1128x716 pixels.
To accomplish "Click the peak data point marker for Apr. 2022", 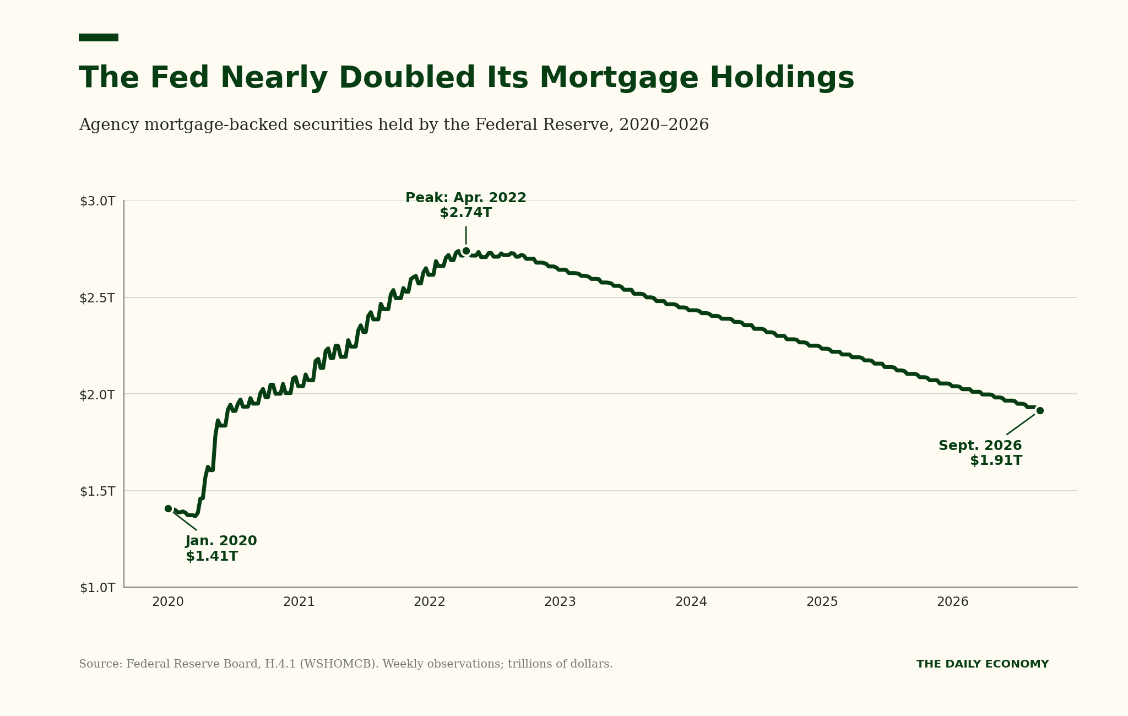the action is click(466, 251).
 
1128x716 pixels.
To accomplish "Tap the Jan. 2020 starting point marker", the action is click(168, 508).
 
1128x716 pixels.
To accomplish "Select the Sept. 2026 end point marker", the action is click(1040, 410).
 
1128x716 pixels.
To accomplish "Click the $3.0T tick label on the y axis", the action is click(97, 202).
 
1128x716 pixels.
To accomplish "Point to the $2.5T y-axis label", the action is click(97, 298).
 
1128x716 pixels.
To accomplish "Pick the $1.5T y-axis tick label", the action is click(97, 491).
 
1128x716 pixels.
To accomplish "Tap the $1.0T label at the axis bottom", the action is click(97, 588).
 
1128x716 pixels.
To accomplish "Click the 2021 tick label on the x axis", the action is click(299, 602).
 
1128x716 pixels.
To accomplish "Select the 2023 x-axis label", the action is click(560, 602).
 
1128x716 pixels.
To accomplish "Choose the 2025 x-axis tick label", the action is click(822, 602).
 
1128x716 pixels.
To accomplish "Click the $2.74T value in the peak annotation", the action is click(466, 213).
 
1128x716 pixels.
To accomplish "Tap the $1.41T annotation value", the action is click(212, 556).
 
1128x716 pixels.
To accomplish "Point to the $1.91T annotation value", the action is click(996, 460).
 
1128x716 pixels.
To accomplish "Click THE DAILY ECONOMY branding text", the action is click(983, 664).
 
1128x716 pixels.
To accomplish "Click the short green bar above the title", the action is click(99, 37).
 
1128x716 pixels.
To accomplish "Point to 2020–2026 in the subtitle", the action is click(664, 125).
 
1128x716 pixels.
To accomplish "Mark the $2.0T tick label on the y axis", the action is click(97, 395).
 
